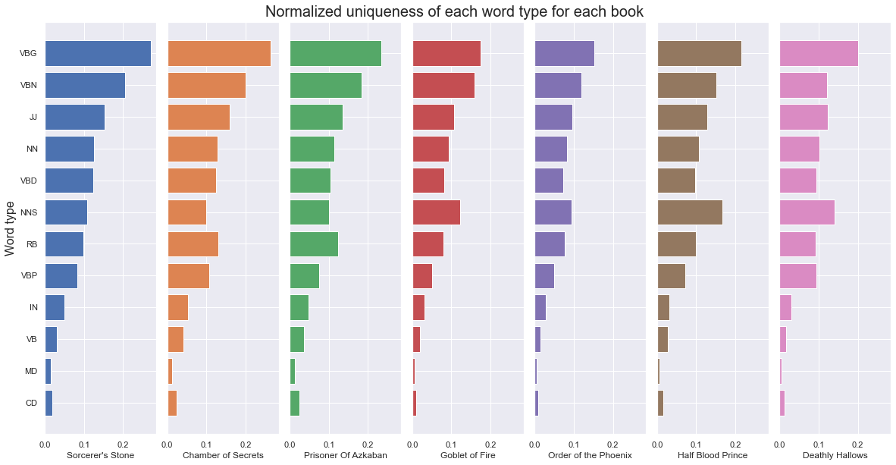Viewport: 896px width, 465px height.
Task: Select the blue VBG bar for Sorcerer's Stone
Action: pos(98,53)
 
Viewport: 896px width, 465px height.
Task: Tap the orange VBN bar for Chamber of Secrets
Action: pos(206,85)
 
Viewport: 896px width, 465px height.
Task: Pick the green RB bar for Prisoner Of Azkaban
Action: pos(314,244)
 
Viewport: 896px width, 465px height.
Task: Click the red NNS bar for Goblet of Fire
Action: pos(437,212)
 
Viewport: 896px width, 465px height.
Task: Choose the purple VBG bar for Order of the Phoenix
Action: pos(565,53)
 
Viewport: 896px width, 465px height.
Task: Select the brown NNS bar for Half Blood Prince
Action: pos(690,212)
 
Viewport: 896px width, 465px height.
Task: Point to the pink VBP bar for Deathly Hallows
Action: pos(798,276)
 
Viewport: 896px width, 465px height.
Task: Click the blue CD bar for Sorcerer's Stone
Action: pos(49,403)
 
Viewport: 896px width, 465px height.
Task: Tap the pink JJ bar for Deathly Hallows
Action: pos(804,117)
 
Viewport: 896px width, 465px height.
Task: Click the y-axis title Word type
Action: pos(9,228)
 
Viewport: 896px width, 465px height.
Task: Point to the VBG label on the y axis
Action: pos(28,54)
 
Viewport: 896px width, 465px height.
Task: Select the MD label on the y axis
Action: pos(31,372)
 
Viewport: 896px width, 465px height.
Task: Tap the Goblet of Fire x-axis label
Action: pos(468,455)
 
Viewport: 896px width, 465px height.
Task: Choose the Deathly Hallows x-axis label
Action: pos(835,455)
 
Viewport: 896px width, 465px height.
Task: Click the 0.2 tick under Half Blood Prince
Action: pos(735,443)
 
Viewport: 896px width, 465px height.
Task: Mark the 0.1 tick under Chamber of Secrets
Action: pos(206,443)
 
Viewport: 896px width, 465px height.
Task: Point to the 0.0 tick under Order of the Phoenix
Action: pos(535,443)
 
